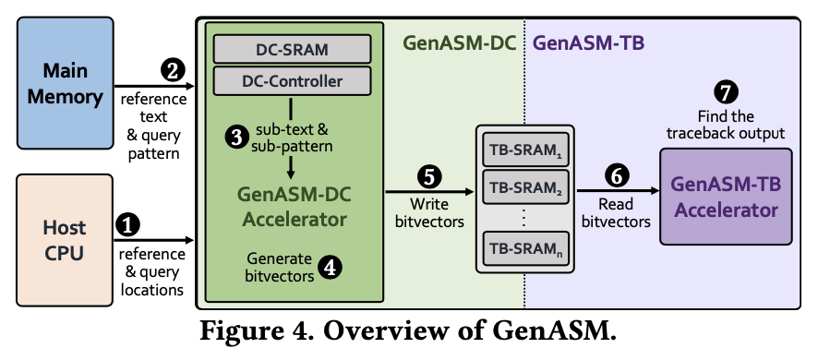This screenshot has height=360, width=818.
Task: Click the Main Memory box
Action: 66,83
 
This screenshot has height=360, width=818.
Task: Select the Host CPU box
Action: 65,240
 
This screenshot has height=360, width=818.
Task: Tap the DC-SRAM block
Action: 292,49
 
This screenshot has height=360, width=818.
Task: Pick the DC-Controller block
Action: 292,81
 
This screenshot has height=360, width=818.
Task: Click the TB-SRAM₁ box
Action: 524,150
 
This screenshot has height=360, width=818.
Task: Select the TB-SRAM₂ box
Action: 524,186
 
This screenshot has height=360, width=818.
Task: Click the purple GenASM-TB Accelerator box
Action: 726,197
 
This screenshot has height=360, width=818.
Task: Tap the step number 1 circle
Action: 128,225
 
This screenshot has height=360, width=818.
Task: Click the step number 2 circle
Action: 173,70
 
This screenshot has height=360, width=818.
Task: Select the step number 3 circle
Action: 237,138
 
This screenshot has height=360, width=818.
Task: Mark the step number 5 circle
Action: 428,177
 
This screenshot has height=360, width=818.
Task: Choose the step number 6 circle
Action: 617,176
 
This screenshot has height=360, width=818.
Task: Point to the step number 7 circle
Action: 726,92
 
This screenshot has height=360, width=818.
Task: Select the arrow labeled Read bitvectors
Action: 618,191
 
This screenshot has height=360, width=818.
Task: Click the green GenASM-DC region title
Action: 459,42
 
